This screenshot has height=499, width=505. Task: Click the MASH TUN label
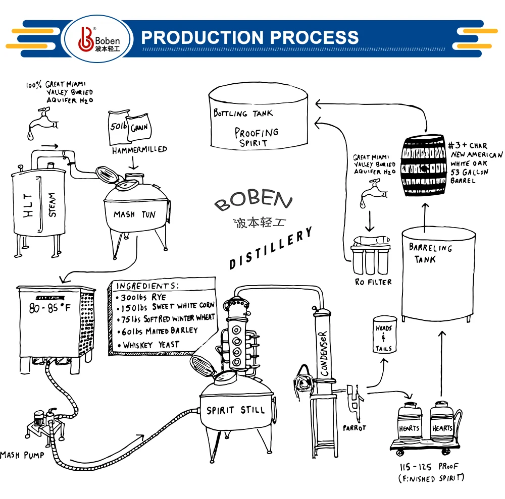point(134,214)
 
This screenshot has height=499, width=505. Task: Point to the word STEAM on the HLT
point(52,204)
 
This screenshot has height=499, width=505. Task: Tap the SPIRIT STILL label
point(235,410)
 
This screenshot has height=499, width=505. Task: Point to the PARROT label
point(353,428)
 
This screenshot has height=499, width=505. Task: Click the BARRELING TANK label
point(430,253)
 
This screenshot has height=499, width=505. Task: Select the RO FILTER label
point(373,282)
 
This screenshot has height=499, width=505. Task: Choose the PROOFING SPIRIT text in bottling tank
point(256,137)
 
